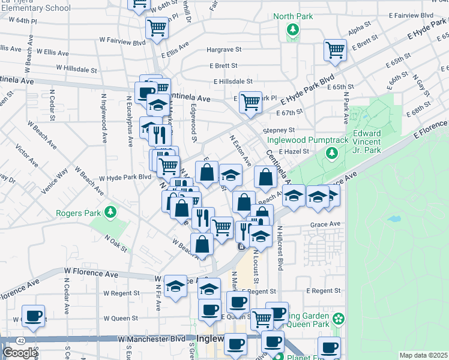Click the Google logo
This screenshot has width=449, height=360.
tap(20, 353)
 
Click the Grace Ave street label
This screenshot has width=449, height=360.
tap(325, 224)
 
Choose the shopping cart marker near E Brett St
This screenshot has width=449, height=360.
tap(335, 50)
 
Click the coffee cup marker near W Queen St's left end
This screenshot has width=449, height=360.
tap(33, 315)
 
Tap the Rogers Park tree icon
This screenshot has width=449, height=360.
tap(110, 211)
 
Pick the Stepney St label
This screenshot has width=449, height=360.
tap(279, 130)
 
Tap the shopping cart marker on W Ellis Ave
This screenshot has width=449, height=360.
tap(157, 27)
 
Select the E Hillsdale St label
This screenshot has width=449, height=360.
tap(231, 81)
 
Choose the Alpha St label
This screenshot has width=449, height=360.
tap(360, 27)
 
